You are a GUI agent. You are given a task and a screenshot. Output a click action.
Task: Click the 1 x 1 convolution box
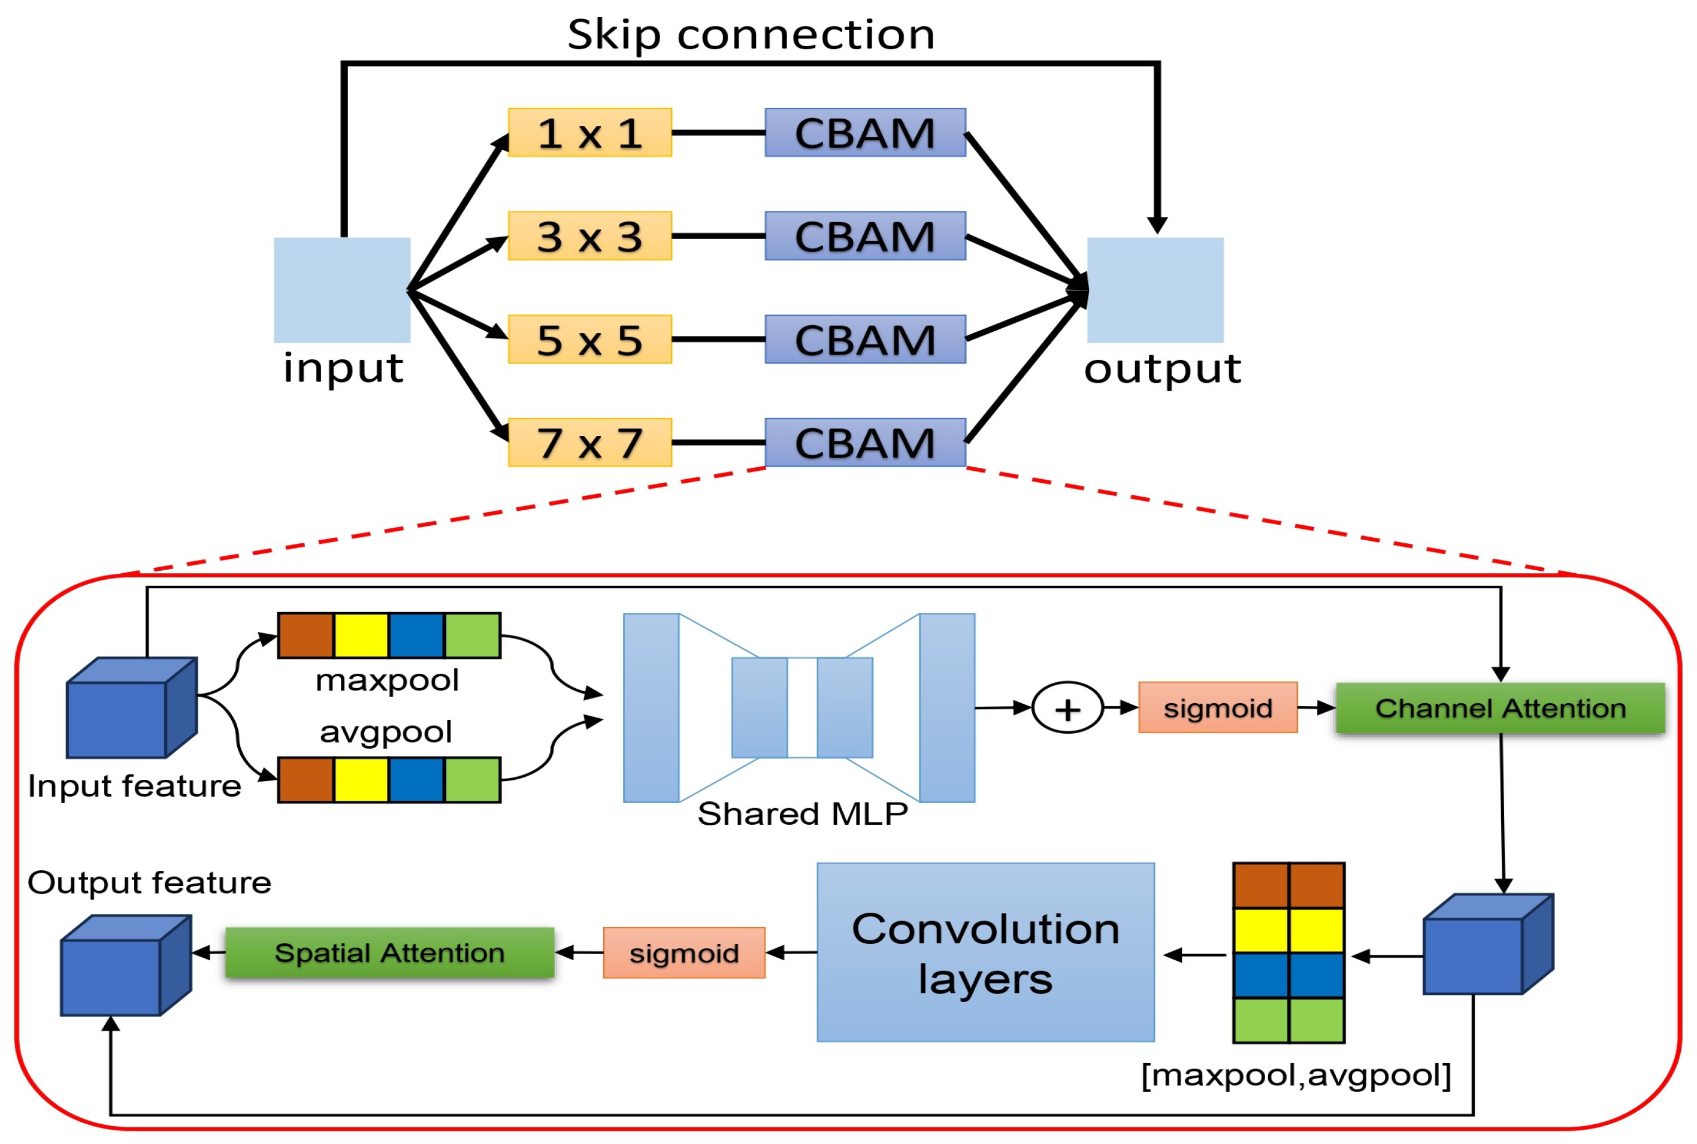pyautogui.click(x=589, y=132)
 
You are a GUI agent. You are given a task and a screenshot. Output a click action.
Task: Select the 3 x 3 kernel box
pyautogui.click(x=589, y=235)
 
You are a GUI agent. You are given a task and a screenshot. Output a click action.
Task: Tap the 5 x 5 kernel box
pyautogui.click(x=589, y=339)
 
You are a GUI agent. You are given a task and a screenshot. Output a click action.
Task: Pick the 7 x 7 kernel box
pyautogui.click(x=589, y=442)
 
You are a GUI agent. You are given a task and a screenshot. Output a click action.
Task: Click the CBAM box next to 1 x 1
pyautogui.click(x=866, y=132)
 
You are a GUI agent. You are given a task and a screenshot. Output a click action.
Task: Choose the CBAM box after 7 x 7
pyautogui.click(x=866, y=442)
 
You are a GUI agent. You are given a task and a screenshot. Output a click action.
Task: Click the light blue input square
pyautogui.click(x=342, y=290)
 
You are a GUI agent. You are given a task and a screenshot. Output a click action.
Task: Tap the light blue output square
pyautogui.click(x=1155, y=290)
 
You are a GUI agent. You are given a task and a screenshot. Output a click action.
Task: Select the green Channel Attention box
pyautogui.click(x=1500, y=708)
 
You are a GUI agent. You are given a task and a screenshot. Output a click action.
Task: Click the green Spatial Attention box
pyautogui.click(x=389, y=952)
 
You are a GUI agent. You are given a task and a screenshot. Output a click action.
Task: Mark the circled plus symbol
pyautogui.click(x=1067, y=708)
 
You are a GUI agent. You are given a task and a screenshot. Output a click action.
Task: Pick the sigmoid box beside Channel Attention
pyautogui.click(x=1218, y=708)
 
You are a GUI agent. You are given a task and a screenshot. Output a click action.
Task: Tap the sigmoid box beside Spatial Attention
pyautogui.click(x=684, y=952)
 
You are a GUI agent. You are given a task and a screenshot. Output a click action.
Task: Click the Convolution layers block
pyautogui.click(x=985, y=952)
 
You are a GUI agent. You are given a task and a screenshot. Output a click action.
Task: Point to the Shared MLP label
pyautogui.click(x=803, y=813)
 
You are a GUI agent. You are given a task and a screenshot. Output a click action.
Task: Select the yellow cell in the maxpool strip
pyautogui.click(x=361, y=635)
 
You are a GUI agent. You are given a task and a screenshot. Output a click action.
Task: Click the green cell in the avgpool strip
pyautogui.click(x=472, y=780)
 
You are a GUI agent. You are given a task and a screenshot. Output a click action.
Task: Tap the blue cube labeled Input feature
pyautogui.click(x=132, y=708)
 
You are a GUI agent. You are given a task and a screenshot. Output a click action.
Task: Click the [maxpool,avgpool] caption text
pyautogui.click(x=1296, y=1075)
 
